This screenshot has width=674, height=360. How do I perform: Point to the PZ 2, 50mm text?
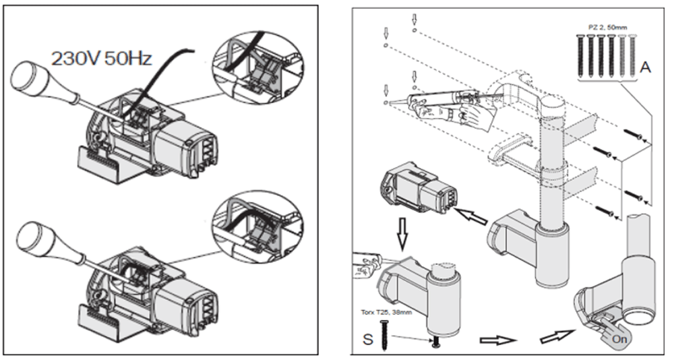606,27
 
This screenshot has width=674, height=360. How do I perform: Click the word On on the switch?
619,339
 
